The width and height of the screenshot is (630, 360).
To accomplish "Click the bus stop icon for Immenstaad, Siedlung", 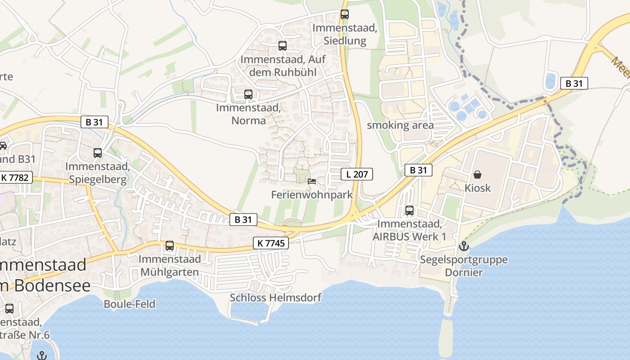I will [344, 14].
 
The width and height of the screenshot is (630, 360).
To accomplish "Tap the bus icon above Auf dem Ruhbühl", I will [282, 45].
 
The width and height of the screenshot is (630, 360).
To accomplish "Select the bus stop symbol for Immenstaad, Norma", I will [248, 94].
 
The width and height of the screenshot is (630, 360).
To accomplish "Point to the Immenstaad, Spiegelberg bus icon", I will [98, 153].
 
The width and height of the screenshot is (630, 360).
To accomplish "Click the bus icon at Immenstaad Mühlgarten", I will [169, 245].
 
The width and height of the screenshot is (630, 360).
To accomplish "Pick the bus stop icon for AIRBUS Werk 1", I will [409, 210].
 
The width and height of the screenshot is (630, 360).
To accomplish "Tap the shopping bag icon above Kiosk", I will [477, 174].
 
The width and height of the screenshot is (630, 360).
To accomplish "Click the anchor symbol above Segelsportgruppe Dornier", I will [463, 246].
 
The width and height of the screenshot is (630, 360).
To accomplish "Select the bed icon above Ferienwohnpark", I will [311, 181].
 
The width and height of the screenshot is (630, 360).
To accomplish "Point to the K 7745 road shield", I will [271, 243].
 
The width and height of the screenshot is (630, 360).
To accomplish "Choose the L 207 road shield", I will [357, 174].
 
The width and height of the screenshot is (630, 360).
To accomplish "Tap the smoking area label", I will [400, 125].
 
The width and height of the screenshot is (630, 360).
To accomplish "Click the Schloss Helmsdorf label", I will [275, 297].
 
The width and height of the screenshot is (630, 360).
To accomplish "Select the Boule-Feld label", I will [130, 304].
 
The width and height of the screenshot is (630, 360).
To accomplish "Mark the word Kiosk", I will [477, 188].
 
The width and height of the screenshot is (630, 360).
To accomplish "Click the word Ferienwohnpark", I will [312, 195].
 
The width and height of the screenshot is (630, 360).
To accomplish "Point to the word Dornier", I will [463, 272].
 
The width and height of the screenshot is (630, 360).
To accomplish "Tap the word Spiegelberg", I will [98, 179].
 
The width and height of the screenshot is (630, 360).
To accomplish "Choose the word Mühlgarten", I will [169, 272].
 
